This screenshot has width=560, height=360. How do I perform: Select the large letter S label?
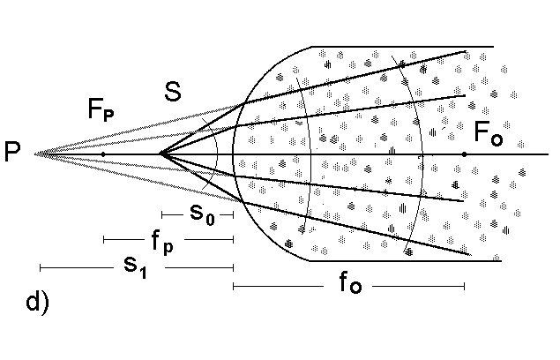pyautogui.click(x=173, y=91)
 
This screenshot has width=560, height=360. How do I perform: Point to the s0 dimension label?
pyautogui.click(x=202, y=213)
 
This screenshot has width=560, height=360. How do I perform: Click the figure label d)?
pyautogui.click(x=38, y=304)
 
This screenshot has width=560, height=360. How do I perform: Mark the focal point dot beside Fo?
pyautogui.click(x=465, y=154)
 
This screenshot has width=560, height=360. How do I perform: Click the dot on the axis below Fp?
pyautogui.click(x=103, y=154)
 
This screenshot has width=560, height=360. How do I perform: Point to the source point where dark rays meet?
pyautogui.click(x=161, y=154)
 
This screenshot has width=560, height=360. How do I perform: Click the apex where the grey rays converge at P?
pyautogui.click(x=35, y=154)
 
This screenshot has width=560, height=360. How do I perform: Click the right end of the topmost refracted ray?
pyautogui.click(x=465, y=51)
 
